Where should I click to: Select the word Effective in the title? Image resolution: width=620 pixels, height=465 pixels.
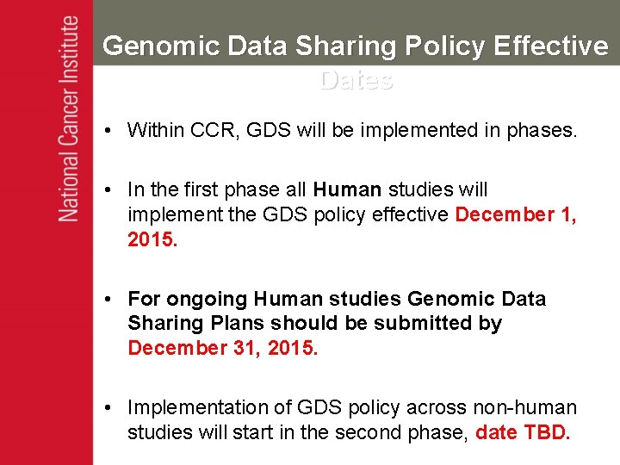(x=551, y=46)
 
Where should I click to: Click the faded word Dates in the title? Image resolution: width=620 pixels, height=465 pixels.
(x=356, y=80)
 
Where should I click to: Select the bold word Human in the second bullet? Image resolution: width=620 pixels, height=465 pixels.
(x=348, y=189)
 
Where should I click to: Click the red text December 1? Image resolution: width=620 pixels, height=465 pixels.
(x=516, y=214)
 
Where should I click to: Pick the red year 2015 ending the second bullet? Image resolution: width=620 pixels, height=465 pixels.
(x=152, y=239)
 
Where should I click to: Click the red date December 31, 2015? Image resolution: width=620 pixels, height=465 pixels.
(x=223, y=348)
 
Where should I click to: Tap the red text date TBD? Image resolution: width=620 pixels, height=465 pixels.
(x=523, y=432)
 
